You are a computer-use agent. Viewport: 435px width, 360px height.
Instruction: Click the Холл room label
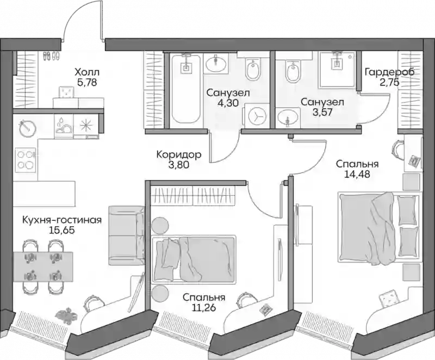click(x=87, y=73)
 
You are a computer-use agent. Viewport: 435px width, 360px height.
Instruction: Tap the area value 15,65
click(x=62, y=231)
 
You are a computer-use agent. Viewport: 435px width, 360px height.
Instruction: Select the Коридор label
click(x=179, y=154)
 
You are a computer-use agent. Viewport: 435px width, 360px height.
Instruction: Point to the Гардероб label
click(x=389, y=73)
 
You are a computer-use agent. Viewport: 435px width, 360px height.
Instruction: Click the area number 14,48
click(x=357, y=174)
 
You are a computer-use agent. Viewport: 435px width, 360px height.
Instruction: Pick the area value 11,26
click(x=203, y=308)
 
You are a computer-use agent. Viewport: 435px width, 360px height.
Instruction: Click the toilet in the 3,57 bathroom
click(x=292, y=71)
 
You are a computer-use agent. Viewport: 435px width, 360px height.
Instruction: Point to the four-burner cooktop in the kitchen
click(x=26, y=161)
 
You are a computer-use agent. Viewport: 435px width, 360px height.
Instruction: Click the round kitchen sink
click(x=28, y=127)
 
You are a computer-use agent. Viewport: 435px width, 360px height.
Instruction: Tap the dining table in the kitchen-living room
click(x=43, y=266)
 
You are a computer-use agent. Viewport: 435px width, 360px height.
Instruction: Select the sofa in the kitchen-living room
click(x=127, y=235)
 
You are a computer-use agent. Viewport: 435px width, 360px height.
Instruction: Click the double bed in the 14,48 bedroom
click(x=378, y=228)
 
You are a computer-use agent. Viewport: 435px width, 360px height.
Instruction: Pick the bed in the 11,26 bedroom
click(x=194, y=259)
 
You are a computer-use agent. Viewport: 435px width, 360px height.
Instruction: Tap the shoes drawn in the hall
click(x=51, y=56)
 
